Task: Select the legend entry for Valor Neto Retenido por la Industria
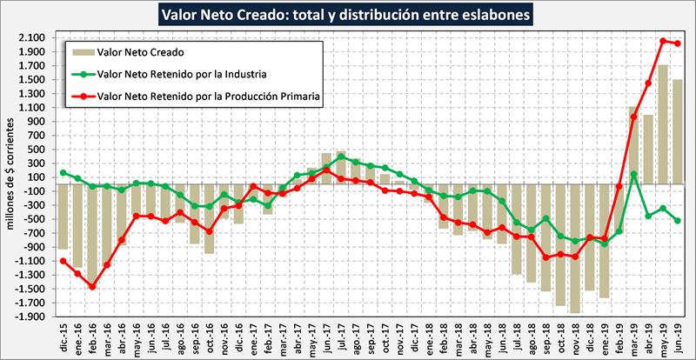181,74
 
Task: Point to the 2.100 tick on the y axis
33,38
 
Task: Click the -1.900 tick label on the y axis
31,317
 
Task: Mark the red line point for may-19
662,41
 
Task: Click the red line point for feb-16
92,286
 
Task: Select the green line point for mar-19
633,174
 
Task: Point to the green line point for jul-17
342,157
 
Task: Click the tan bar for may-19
662,122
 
